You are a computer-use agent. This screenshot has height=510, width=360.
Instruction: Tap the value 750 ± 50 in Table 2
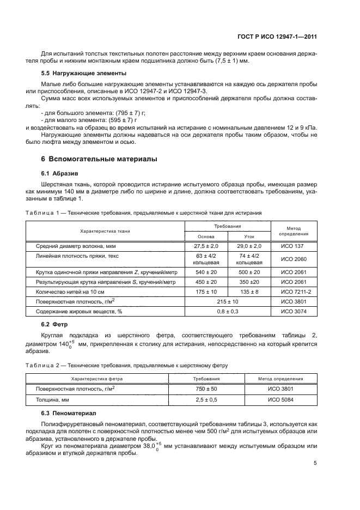point(206,388)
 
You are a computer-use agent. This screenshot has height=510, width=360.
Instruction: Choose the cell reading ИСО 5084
point(282,399)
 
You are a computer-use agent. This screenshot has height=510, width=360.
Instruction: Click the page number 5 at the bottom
point(315,464)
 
